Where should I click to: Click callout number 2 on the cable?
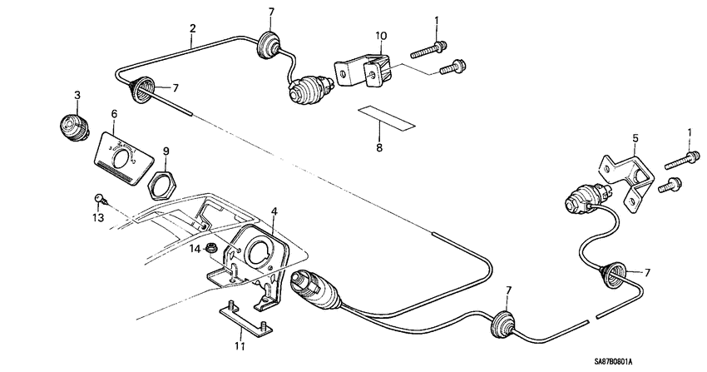click(192, 29)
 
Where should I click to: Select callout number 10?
click(381, 36)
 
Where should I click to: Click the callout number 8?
click(379, 147)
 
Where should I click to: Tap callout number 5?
click(635, 140)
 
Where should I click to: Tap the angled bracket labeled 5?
click(629, 177)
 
